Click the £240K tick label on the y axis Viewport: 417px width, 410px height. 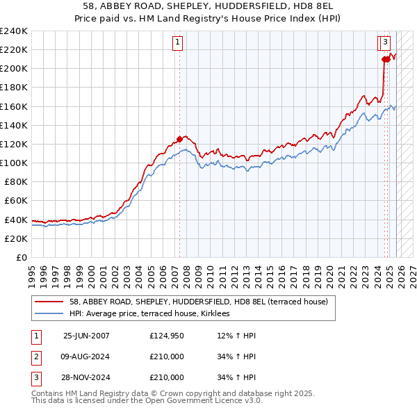(x=13, y=31)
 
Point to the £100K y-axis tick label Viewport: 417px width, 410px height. (x=13, y=163)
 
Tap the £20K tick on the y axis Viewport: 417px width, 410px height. (x=15, y=238)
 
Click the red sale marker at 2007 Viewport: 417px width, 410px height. (x=179, y=138)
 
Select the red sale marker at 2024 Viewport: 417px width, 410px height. (x=384, y=59)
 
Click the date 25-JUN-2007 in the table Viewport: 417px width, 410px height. (x=86, y=336)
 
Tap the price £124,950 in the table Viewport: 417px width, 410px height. (x=167, y=336)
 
